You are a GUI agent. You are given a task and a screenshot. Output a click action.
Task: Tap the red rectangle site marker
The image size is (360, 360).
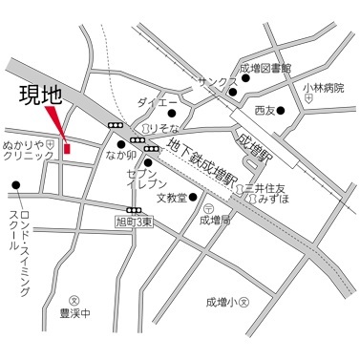click(x=67, y=147)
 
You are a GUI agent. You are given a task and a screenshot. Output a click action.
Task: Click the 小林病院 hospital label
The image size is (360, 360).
click(x=322, y=88)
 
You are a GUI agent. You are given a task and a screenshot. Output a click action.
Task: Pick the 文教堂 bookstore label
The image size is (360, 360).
click(x=171, y=199)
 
